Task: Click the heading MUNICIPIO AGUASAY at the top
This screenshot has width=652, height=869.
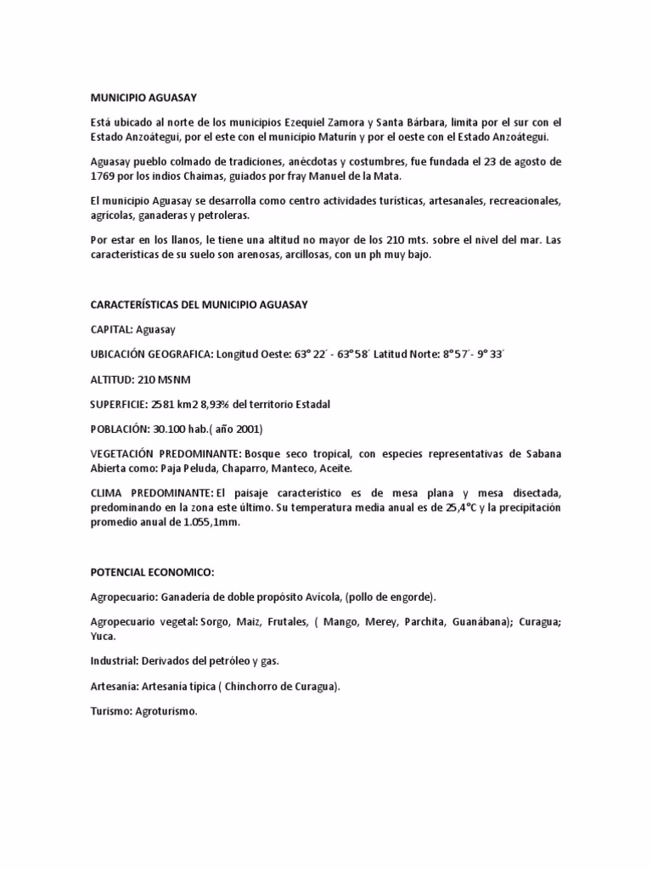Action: (143, 98)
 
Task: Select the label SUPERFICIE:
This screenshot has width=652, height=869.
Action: (120, 405)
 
